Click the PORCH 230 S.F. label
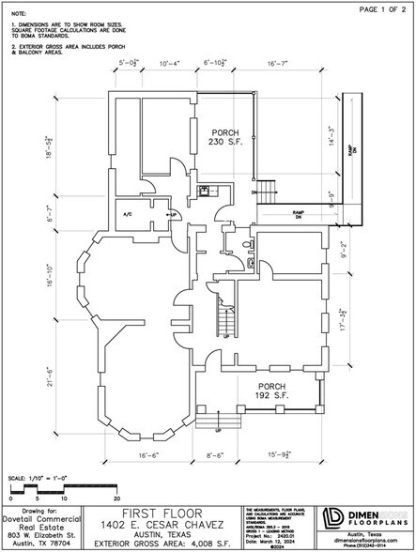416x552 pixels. click(x=226, y=136)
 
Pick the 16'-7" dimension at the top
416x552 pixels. click(x=279, y=63)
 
